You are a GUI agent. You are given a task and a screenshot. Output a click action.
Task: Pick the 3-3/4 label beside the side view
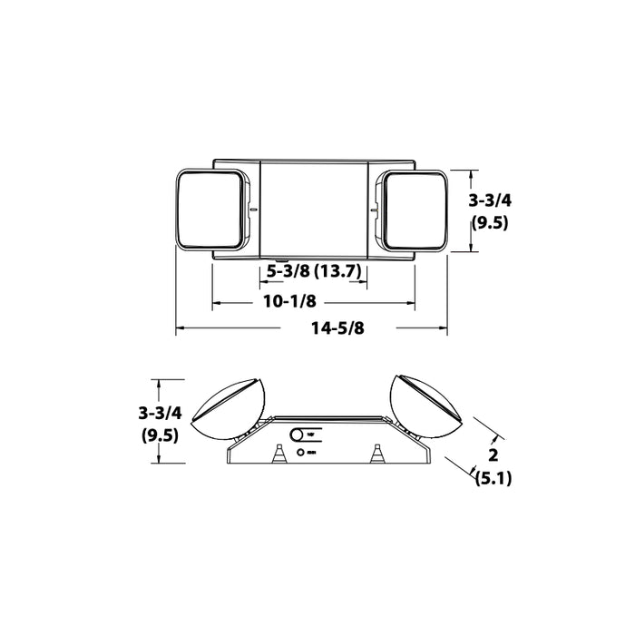[161, 413]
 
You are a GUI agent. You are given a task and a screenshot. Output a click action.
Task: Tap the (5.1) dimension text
[493, 480]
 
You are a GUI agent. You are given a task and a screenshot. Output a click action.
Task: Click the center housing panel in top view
[314, 209]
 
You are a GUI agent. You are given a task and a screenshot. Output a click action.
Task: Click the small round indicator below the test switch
[299, 451]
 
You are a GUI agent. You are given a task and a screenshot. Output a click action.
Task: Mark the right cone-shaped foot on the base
[375, 453]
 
